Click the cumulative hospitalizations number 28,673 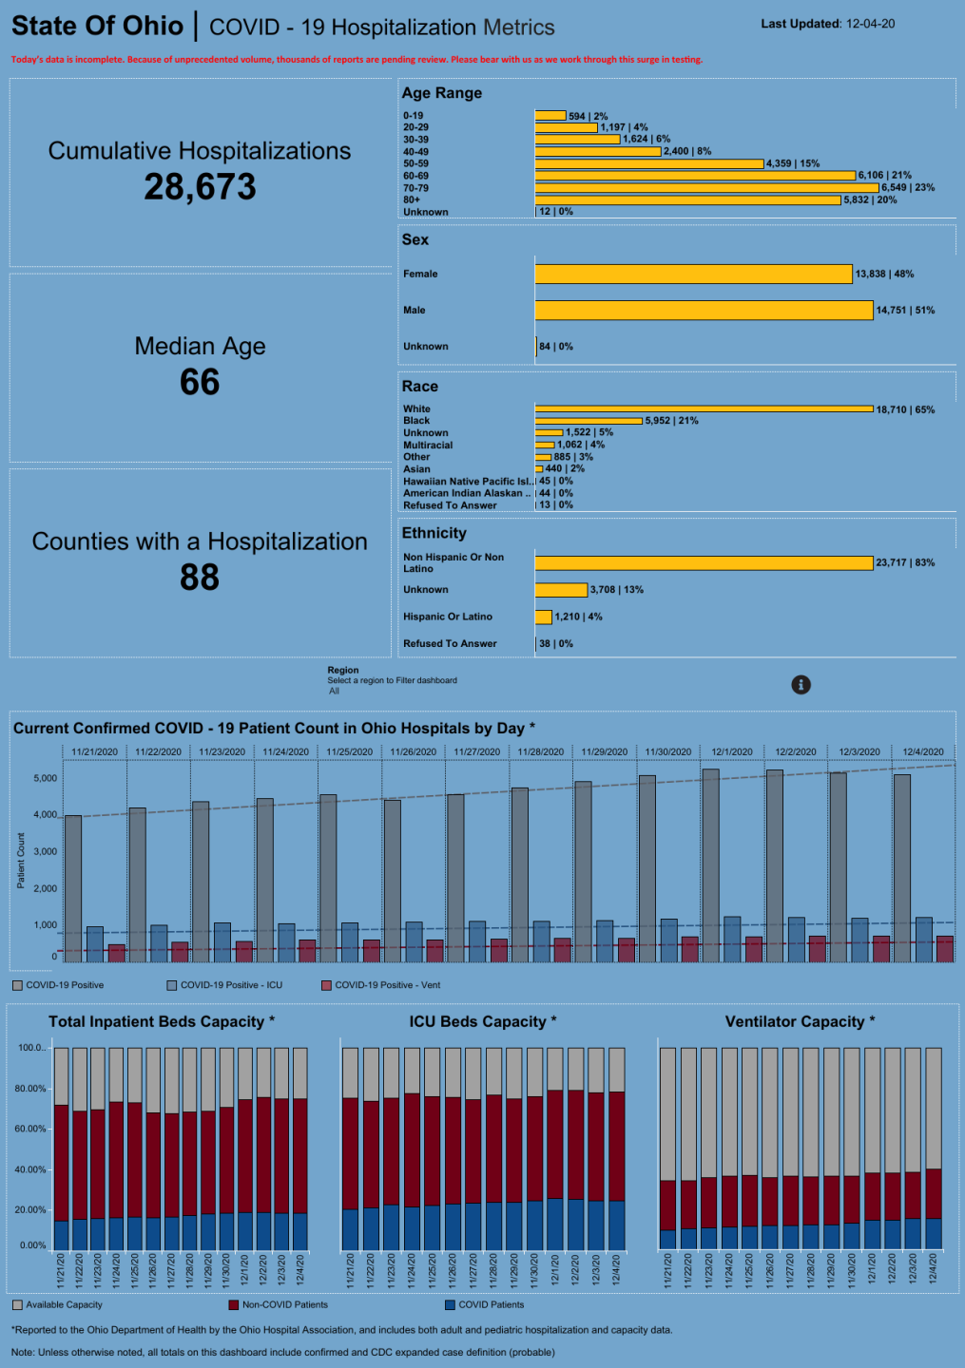200,187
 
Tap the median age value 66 200,382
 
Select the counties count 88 200,577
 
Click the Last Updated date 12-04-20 869,24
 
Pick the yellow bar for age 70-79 706,188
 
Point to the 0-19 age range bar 550,116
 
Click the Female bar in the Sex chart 693,274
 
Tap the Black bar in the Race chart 589,421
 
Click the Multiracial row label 428,445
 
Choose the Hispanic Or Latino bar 544,617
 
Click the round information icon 801,685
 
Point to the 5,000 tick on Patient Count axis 45,778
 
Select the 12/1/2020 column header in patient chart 732,751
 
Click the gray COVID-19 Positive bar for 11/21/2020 73,888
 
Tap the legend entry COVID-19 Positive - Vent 387,985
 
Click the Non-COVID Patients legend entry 284,1304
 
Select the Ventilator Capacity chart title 800,1021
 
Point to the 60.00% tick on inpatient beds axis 30,1129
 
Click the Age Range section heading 441,93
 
